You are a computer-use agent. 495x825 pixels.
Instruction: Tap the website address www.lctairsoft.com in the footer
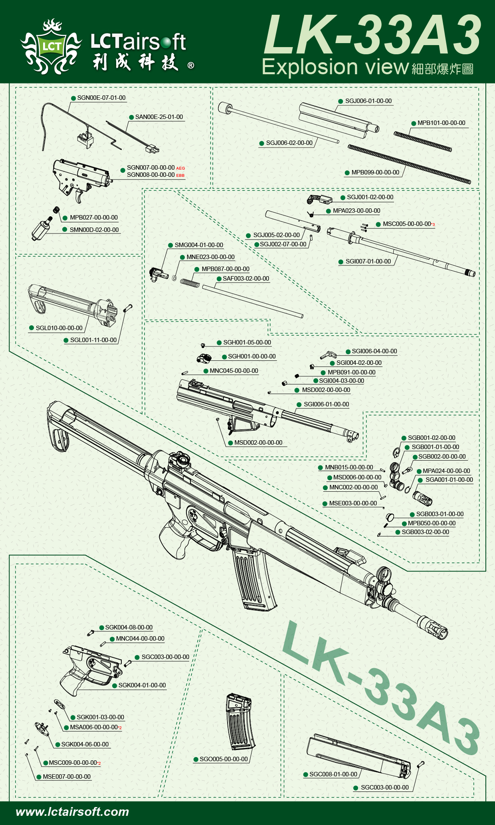(72, 811)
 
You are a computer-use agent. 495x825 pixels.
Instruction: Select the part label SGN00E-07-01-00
(101, 98)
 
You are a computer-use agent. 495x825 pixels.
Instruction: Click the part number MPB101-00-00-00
(441, 123)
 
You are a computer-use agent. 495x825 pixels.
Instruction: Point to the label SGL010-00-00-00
(59, 328)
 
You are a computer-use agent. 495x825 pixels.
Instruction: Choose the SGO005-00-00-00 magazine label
(224, 759)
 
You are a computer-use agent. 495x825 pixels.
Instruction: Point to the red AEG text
(180, 168)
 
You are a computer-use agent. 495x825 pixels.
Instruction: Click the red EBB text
(180, 176)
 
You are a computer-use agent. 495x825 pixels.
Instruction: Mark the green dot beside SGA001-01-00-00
(420, 480)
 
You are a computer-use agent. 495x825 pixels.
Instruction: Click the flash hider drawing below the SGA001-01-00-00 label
(422, 498)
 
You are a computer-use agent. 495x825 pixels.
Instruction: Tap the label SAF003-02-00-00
(246, 279)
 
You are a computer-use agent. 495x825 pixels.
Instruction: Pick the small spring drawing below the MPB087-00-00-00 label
(190, 282)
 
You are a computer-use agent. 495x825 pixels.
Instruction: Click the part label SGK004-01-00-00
(142, 685)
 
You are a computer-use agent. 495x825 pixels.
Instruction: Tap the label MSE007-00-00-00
(67, 777)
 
